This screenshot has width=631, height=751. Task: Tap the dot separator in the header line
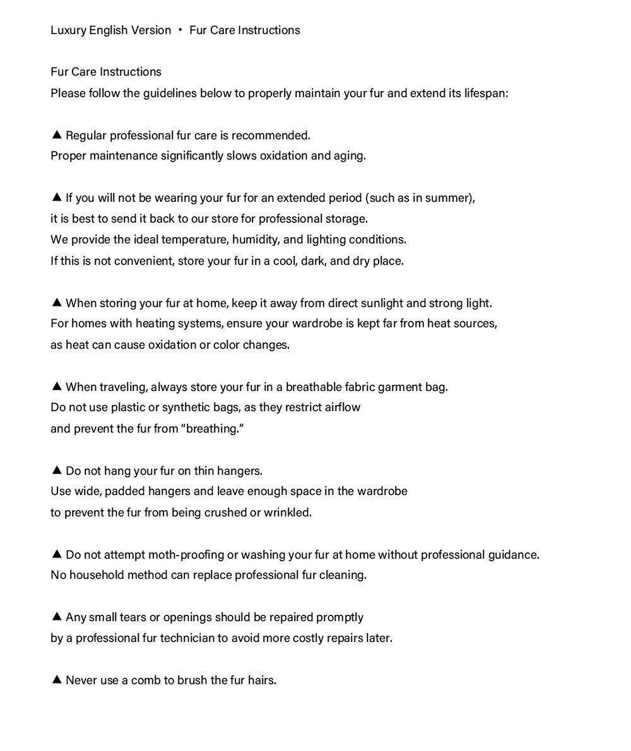pos(180,30)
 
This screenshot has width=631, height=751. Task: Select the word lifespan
pos(486,93)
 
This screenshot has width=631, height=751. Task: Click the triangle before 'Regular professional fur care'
pos(56,134)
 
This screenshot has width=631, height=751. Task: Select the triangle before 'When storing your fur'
pos(56,303)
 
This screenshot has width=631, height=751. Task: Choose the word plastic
pos(129,407)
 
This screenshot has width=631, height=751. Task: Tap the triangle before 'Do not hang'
pos(56,470)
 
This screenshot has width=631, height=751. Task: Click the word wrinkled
pos(288,513)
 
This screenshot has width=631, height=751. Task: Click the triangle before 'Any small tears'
pos(56,617)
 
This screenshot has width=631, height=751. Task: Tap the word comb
pos(145,680)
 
